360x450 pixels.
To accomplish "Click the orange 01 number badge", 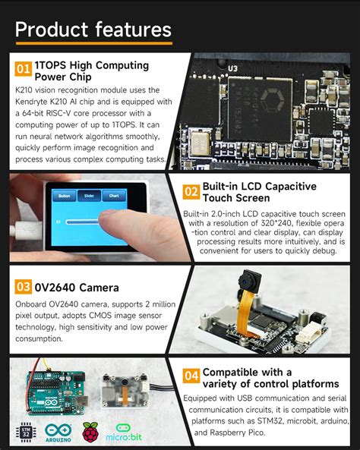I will click(x=23, y=69).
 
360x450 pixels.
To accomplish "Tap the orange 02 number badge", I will click(x=191, y=191).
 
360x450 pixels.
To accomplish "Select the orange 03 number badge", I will click(x=23, y=287).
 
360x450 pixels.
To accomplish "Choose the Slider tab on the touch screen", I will click(x=89, y=195).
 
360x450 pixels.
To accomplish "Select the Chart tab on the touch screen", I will click(x=114, y=195).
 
